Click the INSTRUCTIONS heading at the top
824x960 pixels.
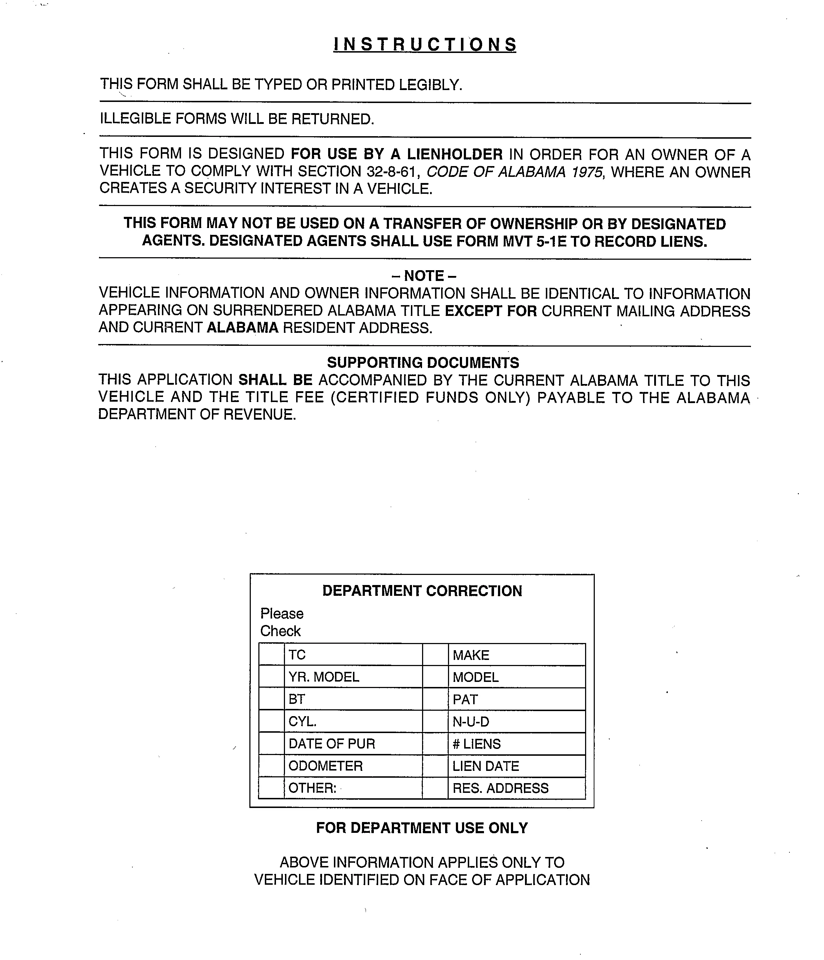point(425,44)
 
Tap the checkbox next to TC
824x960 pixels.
point(271,655)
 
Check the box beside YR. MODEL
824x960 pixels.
point(271,677)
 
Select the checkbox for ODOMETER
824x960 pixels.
point(271,766)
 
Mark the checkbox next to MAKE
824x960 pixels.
point(435,655)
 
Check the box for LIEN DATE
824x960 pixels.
point(435,766)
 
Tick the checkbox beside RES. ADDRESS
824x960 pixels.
point(435,788)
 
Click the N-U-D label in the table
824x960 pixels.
point(471,722)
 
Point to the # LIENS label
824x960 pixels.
point(476,744)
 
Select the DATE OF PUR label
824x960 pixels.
point(331,744)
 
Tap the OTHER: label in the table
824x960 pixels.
point(312,788)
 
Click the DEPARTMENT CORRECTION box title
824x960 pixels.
point(422,591)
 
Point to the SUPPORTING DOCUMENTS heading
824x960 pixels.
point(423,362)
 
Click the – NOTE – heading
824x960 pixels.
point(424,276)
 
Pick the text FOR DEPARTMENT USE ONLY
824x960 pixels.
point(422,828)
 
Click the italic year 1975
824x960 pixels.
point(587,171)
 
